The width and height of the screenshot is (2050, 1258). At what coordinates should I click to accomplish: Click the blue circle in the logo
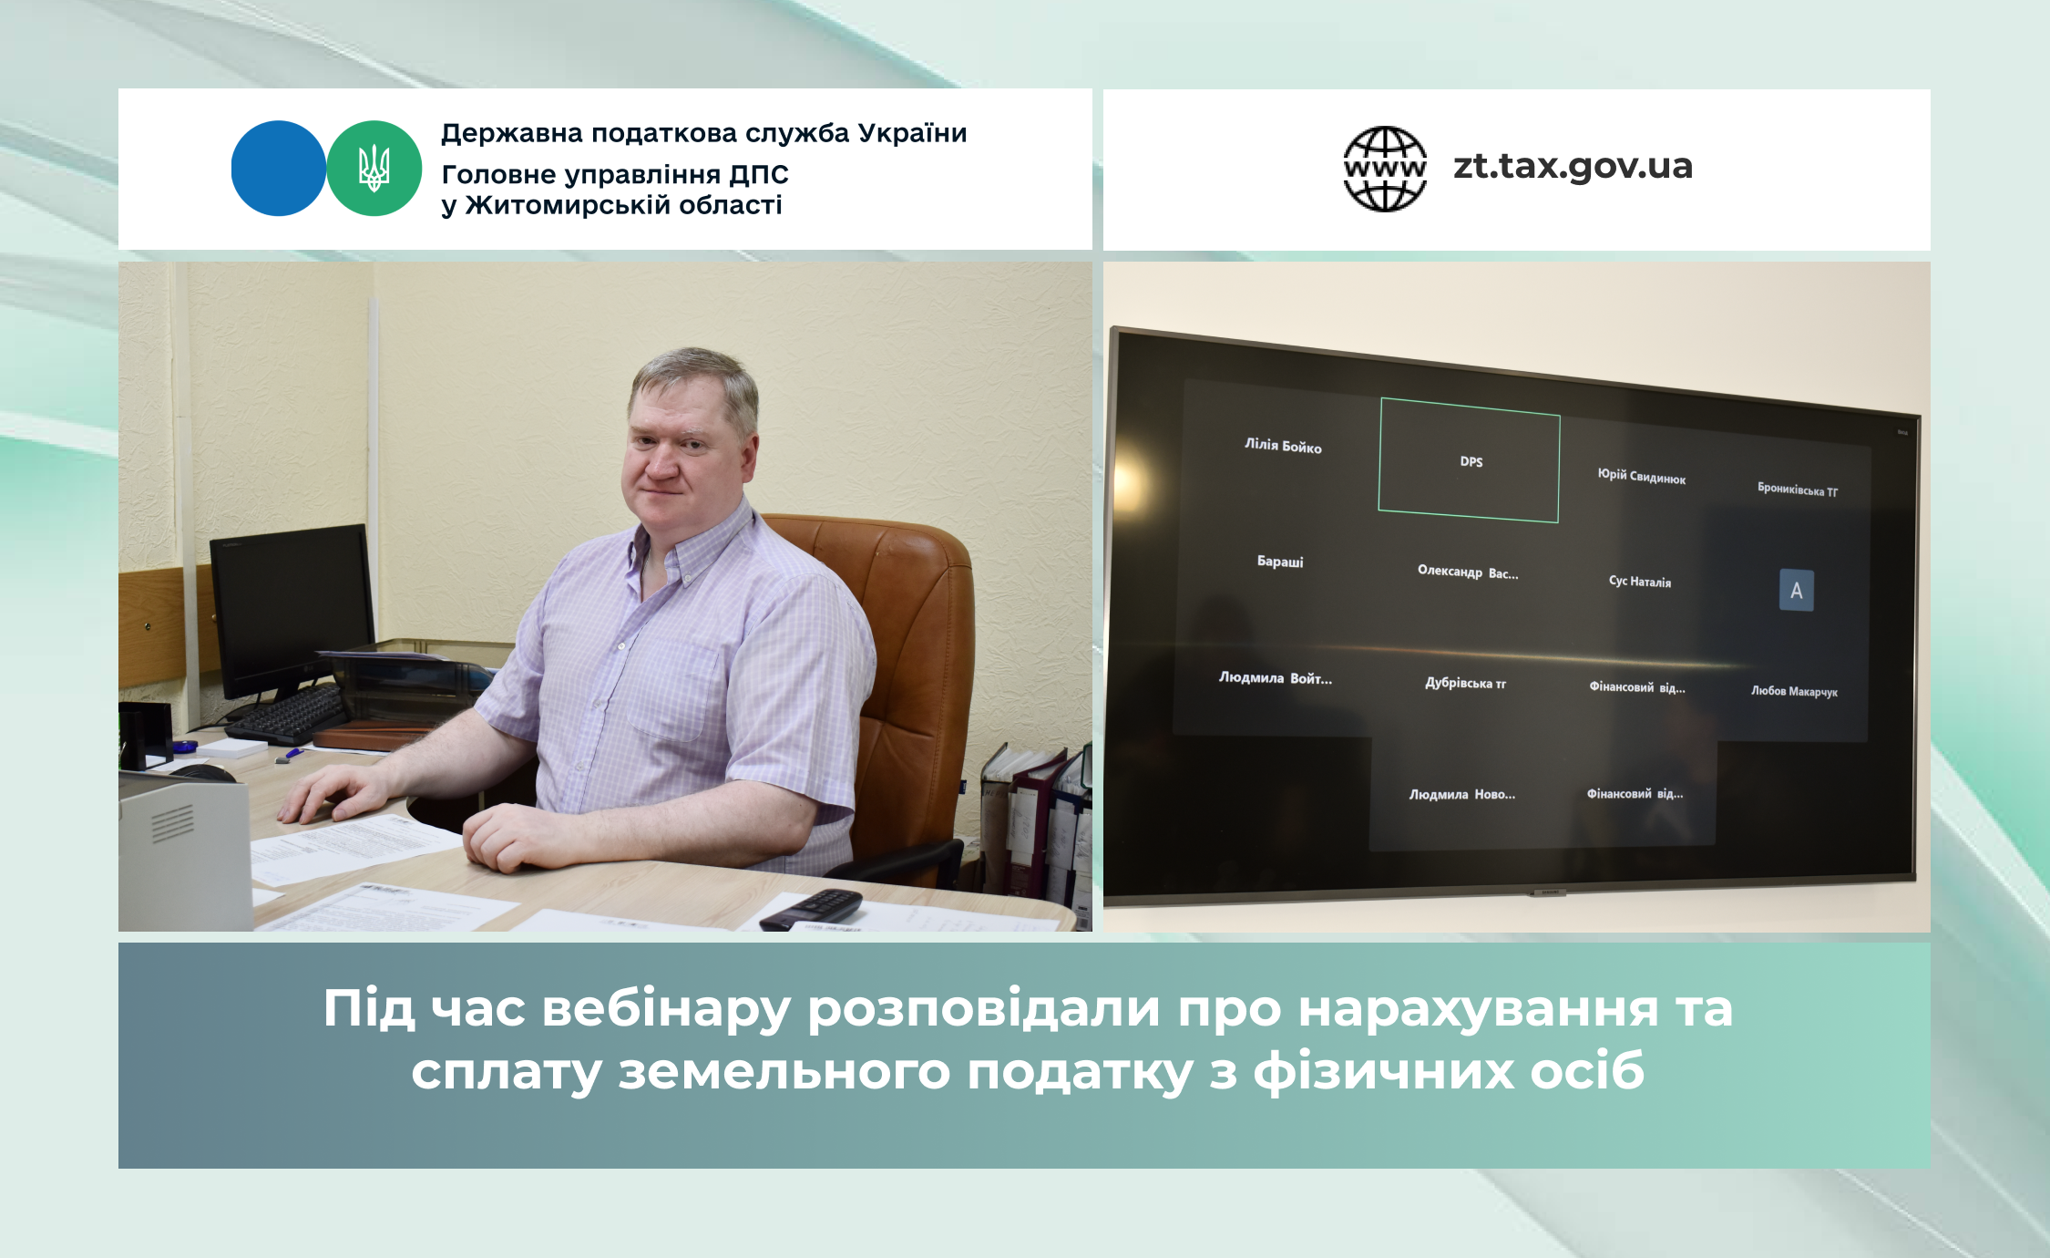point(279,169)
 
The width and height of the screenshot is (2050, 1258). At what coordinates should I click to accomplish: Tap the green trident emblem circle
point(374,169)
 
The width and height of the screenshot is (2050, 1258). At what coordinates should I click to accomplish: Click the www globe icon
point(1385,169)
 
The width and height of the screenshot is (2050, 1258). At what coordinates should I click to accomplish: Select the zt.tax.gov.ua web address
point(1573,166)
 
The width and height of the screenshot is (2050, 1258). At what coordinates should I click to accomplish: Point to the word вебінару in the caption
point(666,1008)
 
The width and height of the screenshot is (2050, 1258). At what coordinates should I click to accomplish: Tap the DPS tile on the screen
point(1470,460)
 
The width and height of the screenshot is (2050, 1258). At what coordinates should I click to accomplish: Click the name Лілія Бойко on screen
point(1283,446)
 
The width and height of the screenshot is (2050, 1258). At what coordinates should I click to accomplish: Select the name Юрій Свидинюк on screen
point(1641,476)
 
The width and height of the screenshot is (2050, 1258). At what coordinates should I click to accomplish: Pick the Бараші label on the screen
point(1280,562)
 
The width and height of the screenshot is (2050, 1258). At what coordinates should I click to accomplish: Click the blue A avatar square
point(1796,590)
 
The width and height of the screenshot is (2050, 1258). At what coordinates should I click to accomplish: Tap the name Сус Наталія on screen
point(1639,581)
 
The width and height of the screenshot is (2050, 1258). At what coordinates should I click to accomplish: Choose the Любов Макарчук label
point(1794,691)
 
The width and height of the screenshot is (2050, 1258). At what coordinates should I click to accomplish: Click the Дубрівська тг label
point(1465,683)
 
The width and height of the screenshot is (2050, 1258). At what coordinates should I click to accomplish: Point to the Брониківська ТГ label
point(1797,490)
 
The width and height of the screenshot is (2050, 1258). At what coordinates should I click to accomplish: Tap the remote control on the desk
point(811,909)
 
